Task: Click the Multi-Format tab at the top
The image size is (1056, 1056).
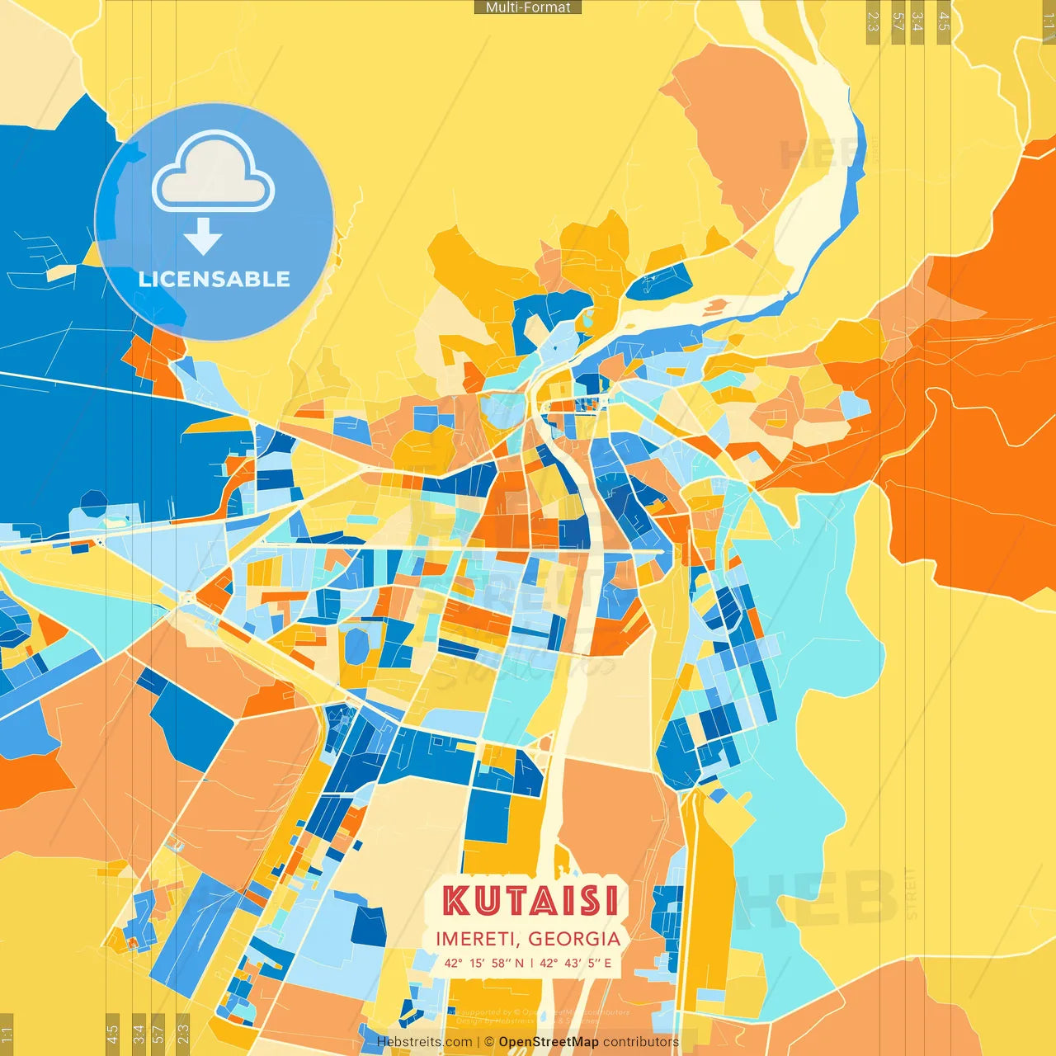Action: (x=528, y=7)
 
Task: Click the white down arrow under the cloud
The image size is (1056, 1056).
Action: (x=203, y=236)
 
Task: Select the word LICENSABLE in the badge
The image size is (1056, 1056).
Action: (x=214, y=279)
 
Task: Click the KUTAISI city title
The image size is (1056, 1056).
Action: (x=530, y=901)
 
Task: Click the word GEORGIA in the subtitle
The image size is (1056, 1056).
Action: (x=574, y=939)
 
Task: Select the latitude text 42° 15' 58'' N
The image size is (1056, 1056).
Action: (x=483, y=963)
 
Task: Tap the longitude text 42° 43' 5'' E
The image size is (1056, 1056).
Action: (x=576, y=963)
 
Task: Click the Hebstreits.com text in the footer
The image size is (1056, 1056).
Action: (x=424, y=1042)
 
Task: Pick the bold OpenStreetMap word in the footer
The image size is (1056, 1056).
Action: (x=549, y=1042)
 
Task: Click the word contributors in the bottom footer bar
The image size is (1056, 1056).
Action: (x=641, y=1042)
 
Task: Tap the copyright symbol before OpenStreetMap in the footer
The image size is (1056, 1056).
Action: (x=489, y=1042)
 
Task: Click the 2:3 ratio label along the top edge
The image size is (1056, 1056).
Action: (x=873, y=21)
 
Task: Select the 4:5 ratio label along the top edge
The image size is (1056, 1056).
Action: (x=944, y=21)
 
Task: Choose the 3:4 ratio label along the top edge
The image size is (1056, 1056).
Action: (x=917, y=21)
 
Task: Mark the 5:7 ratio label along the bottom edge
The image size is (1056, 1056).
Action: (x=158, y=1033)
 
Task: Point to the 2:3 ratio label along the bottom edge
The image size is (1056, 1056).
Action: (x=183, y=1033)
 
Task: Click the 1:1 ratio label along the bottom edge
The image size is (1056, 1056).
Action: (x=7, y=1033)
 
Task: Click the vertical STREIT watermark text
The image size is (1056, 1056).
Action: (x=912, y=893)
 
